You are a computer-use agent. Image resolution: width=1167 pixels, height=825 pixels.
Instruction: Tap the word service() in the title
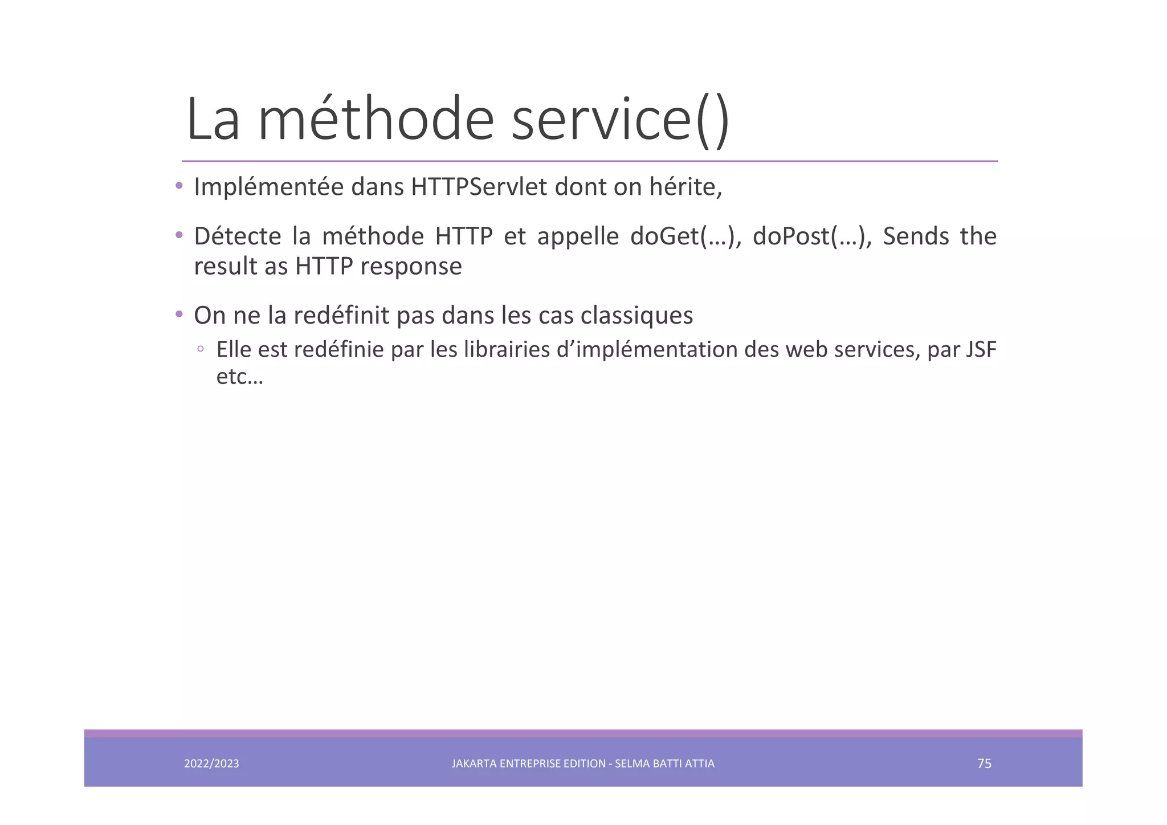click(620, 120)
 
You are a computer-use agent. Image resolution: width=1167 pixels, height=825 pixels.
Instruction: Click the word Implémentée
click(268, 187)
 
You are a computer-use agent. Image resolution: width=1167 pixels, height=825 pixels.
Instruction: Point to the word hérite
click(685, 187)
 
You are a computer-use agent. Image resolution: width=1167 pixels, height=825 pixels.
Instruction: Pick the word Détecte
click(237, 236)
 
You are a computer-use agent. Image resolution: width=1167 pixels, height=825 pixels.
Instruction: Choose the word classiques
click(636, 316)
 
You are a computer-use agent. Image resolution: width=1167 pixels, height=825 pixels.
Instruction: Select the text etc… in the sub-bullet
click(239, 377)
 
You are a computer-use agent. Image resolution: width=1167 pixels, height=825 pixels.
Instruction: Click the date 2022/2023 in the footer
click(211, 763)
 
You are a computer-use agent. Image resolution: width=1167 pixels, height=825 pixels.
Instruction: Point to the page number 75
click(984, 763)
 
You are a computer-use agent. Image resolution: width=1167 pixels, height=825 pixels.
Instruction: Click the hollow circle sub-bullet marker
click(200, 349)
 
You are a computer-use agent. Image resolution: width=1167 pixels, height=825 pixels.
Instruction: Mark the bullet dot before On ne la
click(179, 314)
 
